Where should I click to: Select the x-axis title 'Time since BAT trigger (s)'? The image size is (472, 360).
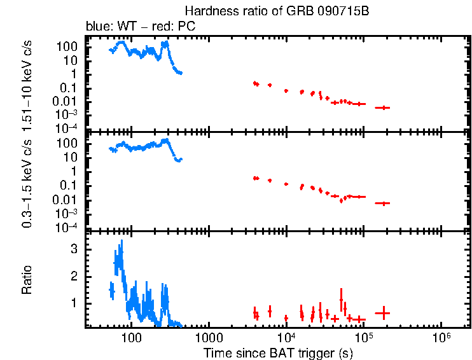[278, 352]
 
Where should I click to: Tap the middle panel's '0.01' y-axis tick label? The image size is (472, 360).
[68, 199]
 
